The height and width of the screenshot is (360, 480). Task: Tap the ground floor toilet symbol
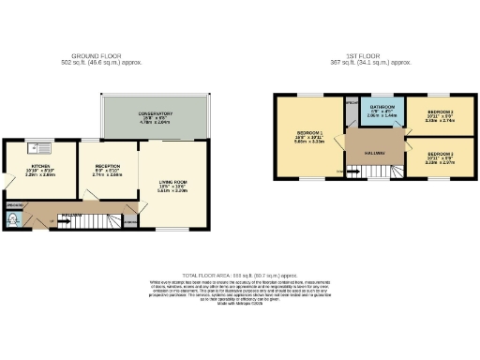point(11,218)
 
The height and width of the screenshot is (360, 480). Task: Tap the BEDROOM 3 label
point(440,153)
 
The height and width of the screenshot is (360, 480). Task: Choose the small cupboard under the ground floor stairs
point(129,223)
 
